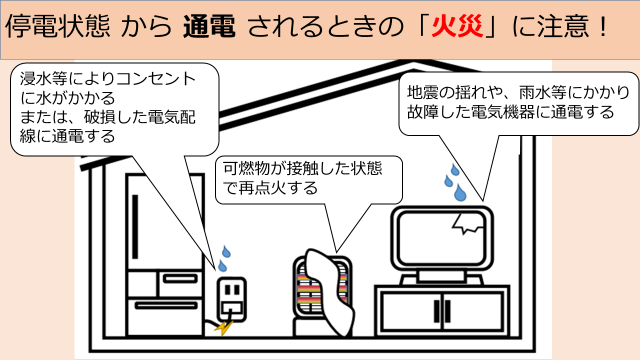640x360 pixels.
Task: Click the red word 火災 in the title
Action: (x=457, y=26)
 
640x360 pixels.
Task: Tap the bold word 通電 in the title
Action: (x=209, y=26)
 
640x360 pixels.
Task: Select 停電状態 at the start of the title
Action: (x=58, y=26)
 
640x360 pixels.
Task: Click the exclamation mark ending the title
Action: (x=603, y=26)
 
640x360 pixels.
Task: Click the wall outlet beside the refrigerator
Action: (x=231, y=299)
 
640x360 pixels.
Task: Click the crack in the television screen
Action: (x=468, y=223)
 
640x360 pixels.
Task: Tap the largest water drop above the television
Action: (x=460, y=193)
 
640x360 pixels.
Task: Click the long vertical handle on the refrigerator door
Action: (x=135, y=227)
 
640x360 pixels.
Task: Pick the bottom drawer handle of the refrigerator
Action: (x=166, y=305)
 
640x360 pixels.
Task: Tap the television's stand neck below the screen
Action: (x=442, y=276)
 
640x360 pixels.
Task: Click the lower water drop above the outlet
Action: (x=222, y=266)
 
